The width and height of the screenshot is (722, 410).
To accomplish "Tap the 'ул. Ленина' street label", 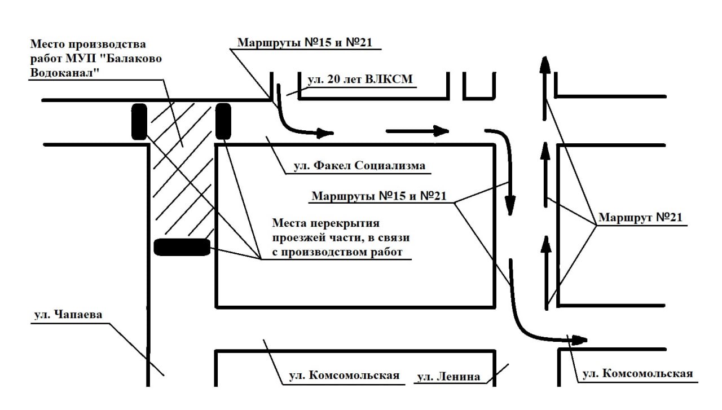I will click(x=448, y=377).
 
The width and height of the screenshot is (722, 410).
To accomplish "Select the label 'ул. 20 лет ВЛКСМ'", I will click(x=360, y=80).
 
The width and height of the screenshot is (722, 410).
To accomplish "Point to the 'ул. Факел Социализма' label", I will click(x=359, y=166).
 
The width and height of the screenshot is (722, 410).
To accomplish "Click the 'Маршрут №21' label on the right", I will click(x=642, y=217).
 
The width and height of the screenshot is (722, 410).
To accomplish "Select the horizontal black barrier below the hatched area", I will click(x=182, y=247).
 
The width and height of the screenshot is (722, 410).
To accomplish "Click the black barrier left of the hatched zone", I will click(x=139, y=121).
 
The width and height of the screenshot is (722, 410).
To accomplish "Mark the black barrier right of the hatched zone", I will click(x=223, y=121).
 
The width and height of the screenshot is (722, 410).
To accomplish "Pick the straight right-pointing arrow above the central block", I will click(x=417, y=132).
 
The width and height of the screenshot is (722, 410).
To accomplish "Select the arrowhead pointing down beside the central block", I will click(x=510, y=206).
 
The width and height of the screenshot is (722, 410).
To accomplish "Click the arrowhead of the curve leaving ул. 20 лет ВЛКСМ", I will click(x=324, y=134).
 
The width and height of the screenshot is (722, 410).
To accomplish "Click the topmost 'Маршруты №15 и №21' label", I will click(x=305, y=42).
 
